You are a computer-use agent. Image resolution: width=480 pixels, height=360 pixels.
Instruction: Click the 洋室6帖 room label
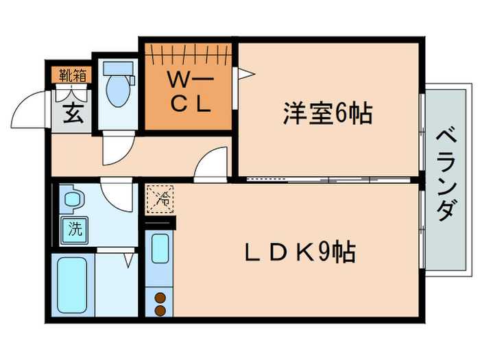328,112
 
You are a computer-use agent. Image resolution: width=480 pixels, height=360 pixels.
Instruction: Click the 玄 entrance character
73,111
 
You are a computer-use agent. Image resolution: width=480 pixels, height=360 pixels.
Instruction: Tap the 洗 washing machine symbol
73,230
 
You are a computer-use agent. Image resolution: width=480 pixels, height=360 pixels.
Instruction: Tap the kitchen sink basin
160,250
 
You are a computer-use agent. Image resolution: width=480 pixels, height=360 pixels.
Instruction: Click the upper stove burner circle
160,298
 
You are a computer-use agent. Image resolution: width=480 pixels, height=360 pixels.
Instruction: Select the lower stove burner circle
160,311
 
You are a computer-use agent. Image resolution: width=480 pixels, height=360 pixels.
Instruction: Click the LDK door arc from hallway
210,166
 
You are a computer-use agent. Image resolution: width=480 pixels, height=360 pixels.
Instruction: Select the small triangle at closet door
246,73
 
